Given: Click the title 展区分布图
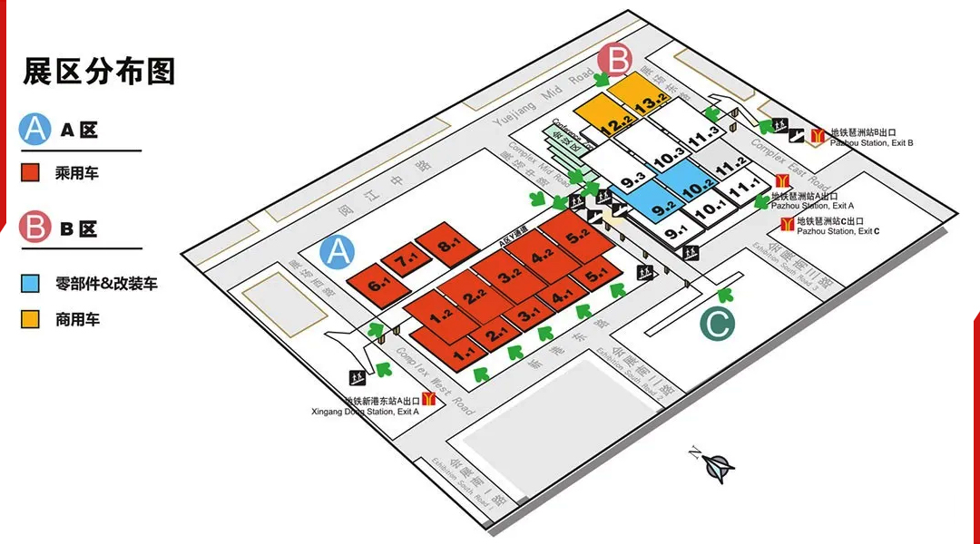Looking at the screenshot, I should (x=99, y=71).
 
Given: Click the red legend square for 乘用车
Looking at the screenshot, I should (x=31, y=172).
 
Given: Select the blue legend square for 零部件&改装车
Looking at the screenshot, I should (x=31, y=284).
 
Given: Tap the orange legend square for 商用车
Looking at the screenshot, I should (x=31, y=319).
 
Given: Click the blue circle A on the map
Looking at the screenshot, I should (x=338, y=251).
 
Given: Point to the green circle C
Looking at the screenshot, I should (x=717, y=325).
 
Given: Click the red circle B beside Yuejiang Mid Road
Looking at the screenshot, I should (x=614, y=61).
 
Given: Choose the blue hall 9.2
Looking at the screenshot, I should (x=656, y=202).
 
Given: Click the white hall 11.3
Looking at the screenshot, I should (x=702, y=135).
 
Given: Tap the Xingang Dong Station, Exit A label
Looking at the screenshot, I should (x=381, y=406).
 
